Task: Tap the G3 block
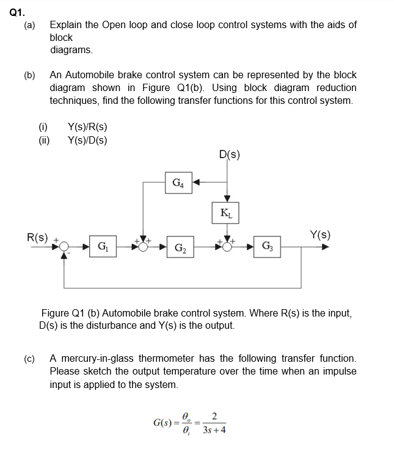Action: tap(268, 247)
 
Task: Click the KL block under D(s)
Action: tap(227, 212)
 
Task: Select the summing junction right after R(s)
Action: tap(65, 247)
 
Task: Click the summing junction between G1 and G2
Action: tap(144, 247)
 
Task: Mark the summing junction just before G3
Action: tap(227, 247)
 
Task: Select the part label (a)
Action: tap(29, 25)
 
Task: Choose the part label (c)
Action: tap(29, 359)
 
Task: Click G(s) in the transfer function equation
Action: tap(161, 422)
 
